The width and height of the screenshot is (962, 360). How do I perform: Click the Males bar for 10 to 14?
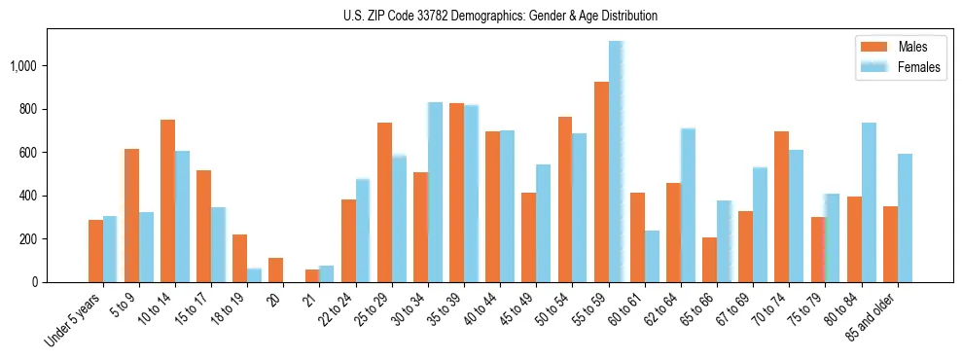(x=167, y=200)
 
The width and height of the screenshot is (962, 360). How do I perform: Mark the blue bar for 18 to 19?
(x=254, y=275)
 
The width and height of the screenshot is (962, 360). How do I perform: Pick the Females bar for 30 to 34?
(x=435, y=192)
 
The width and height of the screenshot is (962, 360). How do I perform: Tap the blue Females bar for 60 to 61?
(x=652, y=256)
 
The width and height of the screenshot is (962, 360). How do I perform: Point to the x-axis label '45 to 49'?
(x=518, y=311)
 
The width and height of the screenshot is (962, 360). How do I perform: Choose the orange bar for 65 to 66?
(x=709, y=260)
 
